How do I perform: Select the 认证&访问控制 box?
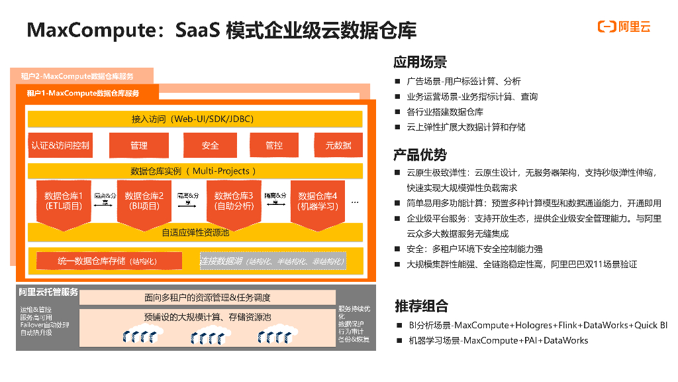(60, 145)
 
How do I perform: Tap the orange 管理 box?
(139, 145)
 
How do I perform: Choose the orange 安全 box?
(210, 145)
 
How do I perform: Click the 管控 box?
(274, 145)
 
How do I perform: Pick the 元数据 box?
(338, 145)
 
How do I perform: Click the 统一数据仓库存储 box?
(99, 261)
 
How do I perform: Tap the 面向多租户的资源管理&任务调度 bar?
(207, 298)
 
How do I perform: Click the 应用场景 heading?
(420, 62)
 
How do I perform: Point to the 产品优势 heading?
(420, 155)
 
